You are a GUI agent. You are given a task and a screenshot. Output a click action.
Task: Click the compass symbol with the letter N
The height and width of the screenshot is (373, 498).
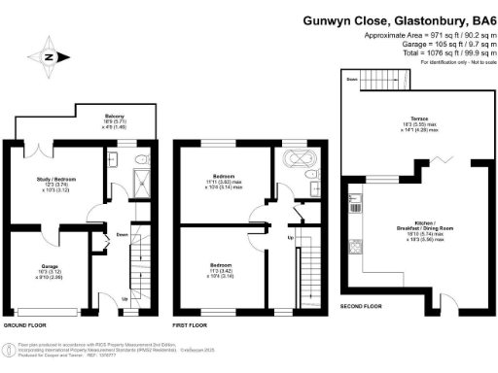pyautogui.click(x=48, y=55)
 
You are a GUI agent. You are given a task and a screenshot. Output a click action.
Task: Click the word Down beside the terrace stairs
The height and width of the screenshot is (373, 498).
pyautogui.click(x=351, y=80)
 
